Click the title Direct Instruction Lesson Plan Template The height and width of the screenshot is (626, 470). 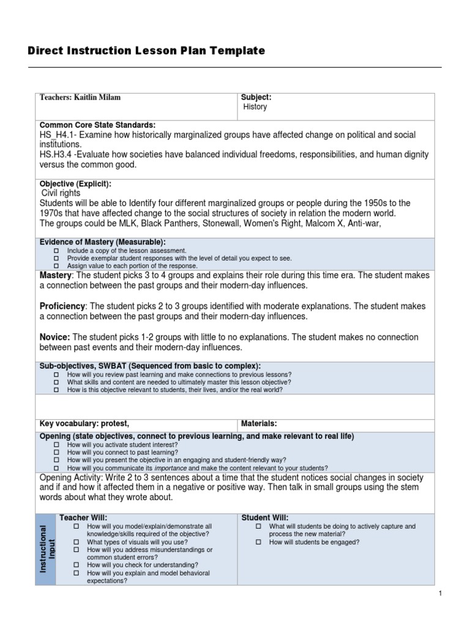point(146,51)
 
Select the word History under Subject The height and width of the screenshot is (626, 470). point(255,107)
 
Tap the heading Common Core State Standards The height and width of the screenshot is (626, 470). point(98,125)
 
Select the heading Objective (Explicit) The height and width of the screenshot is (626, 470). point(75,184)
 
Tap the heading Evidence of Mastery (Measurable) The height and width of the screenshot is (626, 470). point(103,242)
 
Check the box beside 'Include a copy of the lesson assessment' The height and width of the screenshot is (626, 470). point(56,251)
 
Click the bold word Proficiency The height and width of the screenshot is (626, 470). point(62,306)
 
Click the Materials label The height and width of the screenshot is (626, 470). point(259,423)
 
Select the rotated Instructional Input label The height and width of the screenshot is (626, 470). point(46,548)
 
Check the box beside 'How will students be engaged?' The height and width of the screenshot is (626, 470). point(258,542)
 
